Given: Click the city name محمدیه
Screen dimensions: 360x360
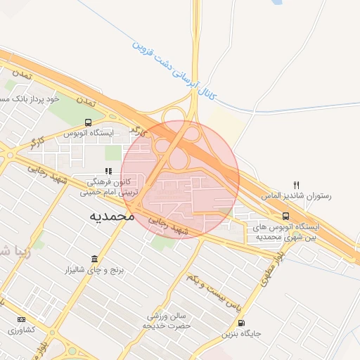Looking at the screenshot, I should point(112,217).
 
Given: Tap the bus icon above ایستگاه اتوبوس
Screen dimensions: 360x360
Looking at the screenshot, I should point(88,122).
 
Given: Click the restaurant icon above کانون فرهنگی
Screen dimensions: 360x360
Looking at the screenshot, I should point(108,171).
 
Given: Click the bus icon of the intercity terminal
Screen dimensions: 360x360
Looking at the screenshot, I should point(285,216).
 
